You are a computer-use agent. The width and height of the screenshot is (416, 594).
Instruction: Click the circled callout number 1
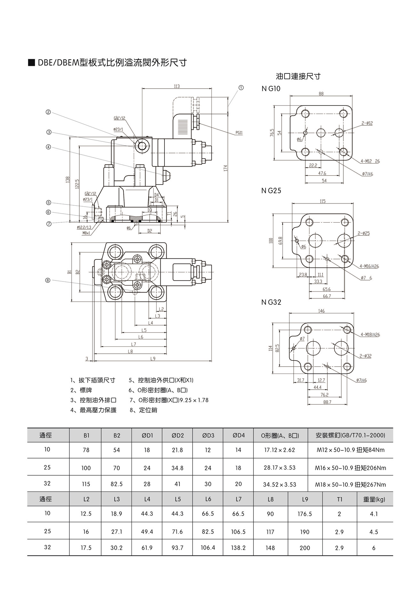click(241, 87)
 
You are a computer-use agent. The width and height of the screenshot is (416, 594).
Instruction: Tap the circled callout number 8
click(48, 280)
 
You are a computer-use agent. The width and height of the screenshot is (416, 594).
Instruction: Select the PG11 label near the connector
click(239, 133)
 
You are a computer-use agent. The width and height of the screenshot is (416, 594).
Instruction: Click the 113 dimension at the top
click(177, 86)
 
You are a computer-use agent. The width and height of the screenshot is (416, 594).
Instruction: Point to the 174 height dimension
click(225, 168)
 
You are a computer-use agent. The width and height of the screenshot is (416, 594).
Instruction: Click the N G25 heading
click(271, 191)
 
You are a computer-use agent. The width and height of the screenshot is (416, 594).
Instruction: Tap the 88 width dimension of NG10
click(321, 94)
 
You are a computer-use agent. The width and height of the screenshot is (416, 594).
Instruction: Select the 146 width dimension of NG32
click(321, 311)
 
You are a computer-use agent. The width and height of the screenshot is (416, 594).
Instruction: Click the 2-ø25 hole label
click(364, 234)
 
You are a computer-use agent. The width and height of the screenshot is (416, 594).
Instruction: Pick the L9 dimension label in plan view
click(153, 359)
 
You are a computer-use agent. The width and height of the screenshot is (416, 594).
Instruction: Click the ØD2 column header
click(177, 435)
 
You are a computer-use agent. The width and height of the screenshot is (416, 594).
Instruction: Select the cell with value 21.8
click(177, 450)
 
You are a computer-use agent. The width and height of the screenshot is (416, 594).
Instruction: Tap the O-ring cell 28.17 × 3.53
click(279, 468)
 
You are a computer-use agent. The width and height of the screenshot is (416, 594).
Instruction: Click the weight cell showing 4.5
click(373, 532)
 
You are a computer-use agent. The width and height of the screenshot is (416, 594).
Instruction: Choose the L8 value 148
click(270, 548)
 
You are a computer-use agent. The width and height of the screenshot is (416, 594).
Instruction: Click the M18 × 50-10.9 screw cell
click(350, 485)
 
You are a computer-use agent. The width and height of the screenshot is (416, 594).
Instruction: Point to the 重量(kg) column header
click(374, 499)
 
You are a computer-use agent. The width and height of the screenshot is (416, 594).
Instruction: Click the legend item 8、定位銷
click(143, 410)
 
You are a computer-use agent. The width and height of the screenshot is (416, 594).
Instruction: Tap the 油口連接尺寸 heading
click(298, 76)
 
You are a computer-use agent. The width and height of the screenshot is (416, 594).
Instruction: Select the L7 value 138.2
click(238, 548)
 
